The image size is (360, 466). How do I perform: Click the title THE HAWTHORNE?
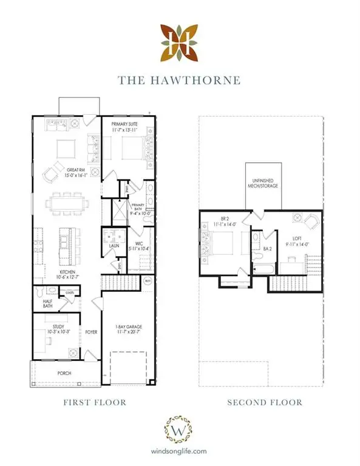tap(180, 79)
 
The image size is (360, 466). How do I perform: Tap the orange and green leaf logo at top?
tap(180, 42)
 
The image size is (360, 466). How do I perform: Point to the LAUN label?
tap(114, 246)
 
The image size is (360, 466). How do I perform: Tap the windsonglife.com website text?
tap(180, 451)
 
